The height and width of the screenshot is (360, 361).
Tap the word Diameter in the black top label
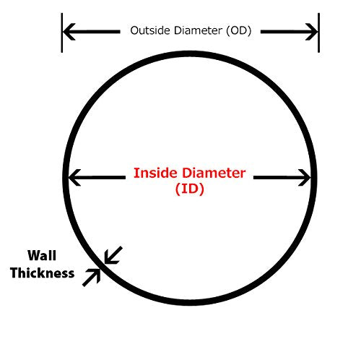click(199, 30)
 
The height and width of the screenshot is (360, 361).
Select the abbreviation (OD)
click(239, 30)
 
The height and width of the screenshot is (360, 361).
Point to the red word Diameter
click(214, 173)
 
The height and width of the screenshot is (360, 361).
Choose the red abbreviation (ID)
click(190, 189)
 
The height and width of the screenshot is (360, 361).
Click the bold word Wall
click(42, 255)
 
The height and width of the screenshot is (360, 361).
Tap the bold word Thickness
click(43, 273)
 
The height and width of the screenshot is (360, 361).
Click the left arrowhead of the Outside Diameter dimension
click(69, 32)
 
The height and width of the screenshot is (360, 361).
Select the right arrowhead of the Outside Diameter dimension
click(311, 32)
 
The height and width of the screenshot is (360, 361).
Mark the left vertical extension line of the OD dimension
click(62, 33)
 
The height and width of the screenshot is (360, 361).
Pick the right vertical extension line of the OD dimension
click(318, 33)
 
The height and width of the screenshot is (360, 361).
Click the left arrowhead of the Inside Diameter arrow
click(74, 178)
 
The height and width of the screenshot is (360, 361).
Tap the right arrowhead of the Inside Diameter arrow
click(305, 178)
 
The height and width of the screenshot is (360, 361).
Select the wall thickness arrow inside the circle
click(113, 255)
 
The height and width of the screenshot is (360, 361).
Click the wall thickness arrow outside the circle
click(92, 278)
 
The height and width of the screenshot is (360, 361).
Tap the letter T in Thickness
click(15, 273)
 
